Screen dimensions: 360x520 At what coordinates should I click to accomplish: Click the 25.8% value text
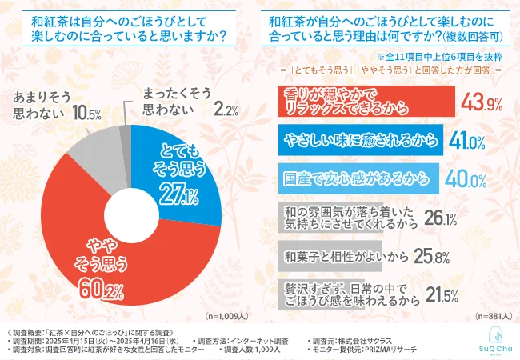[437, 258]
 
